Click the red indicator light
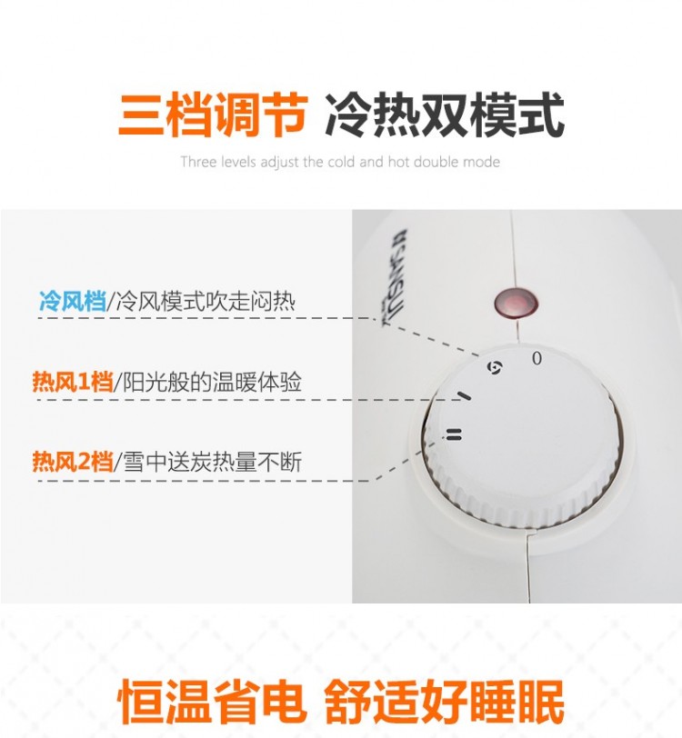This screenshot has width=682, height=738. pyautogui.click(x=517, y=302)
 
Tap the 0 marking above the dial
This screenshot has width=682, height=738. pyautogui.click(x=537, y=359)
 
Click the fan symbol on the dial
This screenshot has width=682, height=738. pyautogui.click(x=495, y=368)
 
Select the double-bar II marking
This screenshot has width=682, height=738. pyautogui.click(x=454, y=434)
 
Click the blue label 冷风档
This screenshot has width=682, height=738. pyautogui.click(x=72, y=301)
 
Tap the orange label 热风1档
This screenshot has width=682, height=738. pyautogui.click(x=73, y=382)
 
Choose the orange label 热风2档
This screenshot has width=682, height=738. pyautogui.click(x=73, y=462)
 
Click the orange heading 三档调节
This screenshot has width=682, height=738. pyautogui.click(x=213, y=115)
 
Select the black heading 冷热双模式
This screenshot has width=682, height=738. pyautogui.click(x=444, y=115)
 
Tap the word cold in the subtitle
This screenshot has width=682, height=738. pyautogui.click(x=341, y=162)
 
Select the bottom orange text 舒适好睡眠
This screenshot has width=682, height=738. pyautogui.click(x=444, y=702)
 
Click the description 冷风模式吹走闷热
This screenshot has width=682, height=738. pyautogui.click(x=206, y=301)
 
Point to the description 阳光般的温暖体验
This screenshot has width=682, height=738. pyautogui.click(x=212, y=382)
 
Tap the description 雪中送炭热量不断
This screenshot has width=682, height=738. pyautogui.click(x=212, y=462)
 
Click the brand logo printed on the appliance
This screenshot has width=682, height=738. pyautogui.click(x=395, y=278)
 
